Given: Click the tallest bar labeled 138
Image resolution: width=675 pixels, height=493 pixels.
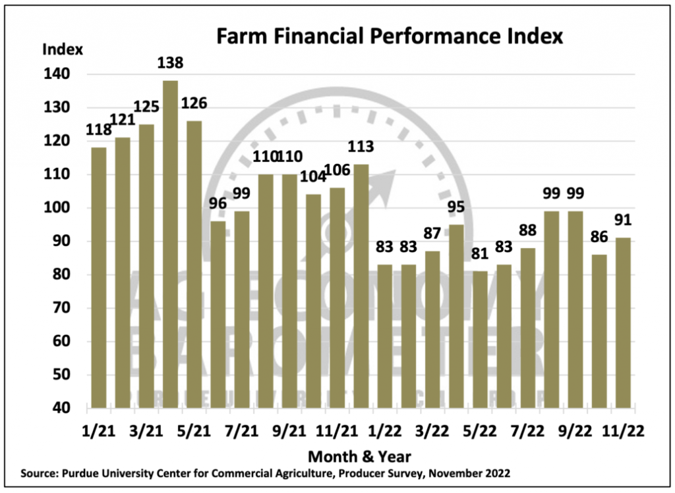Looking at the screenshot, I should coord(170,244).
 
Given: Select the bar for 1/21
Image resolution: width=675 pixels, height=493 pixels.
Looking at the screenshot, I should coord(98,276).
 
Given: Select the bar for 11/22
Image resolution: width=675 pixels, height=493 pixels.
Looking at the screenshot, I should coord(624,323).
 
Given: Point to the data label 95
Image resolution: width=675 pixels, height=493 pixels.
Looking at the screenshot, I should coord(457,207).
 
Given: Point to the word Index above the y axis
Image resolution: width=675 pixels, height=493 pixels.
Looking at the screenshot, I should coord(63,49).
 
